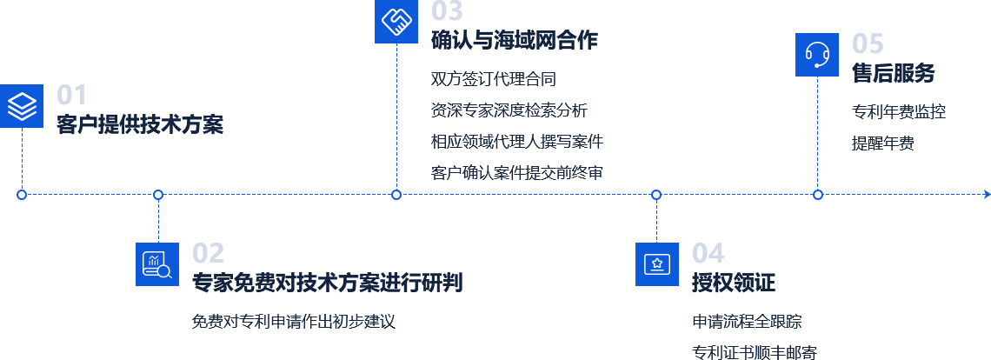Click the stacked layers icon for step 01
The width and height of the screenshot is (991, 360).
22,106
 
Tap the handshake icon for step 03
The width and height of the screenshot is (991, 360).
396,22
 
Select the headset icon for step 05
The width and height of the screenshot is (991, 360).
817,55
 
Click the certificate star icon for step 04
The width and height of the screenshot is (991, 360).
656,263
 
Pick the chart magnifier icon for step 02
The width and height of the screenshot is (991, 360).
157,263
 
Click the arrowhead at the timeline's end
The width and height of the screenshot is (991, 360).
987,194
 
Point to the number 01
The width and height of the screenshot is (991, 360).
71,95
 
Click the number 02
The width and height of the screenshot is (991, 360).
208,253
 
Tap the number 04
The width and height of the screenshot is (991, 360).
708,253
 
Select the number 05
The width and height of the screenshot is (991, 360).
868,43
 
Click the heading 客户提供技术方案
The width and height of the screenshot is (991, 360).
140,124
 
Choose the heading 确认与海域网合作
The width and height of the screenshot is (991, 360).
515,40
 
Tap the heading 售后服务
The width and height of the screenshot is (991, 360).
893,73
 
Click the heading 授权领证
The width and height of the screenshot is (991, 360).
733,283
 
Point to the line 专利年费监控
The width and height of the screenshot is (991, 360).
899,112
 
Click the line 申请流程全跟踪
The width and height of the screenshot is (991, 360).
747,322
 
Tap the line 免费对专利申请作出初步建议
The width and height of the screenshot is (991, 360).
293,321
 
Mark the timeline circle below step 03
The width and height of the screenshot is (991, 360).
396,194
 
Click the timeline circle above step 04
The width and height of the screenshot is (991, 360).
656,194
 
